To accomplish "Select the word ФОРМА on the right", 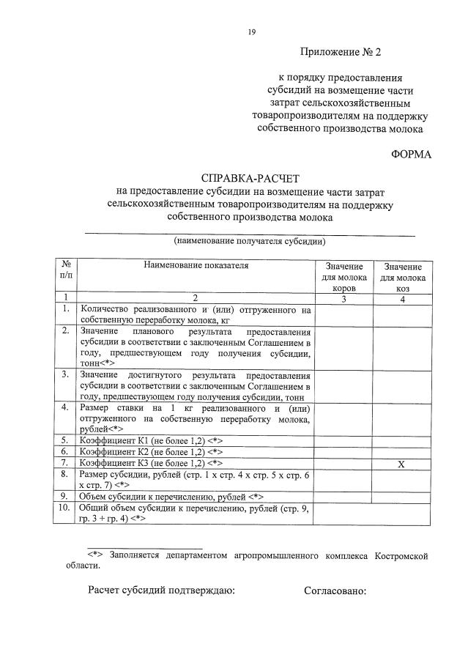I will tap(412, 154).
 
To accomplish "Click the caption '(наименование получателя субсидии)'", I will tap(250, 241).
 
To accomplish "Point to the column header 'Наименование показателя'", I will tap(196, 266).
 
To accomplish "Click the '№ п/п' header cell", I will tap(66, 271).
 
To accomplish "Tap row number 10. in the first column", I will tap(66, 507).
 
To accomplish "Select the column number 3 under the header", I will tap(343, 298).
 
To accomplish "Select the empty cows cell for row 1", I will tap(343, 314).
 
